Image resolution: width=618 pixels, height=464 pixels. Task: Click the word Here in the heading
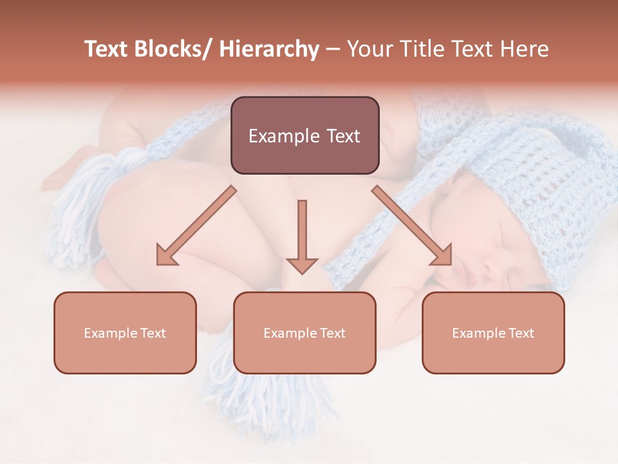click(x=523, y=49)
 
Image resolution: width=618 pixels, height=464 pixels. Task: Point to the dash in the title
click(x=333, y=50)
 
